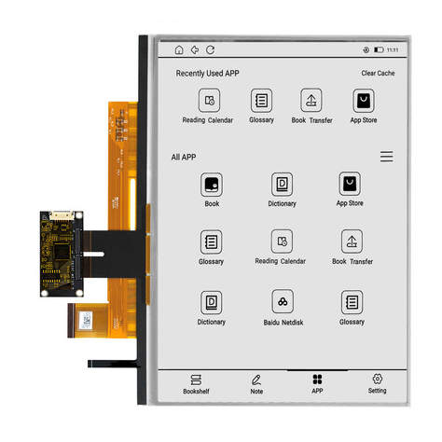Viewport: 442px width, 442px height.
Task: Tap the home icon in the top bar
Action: [179, 49]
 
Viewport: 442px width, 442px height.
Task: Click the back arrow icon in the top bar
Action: [195, 49]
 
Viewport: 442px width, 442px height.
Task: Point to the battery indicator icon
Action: [379, 49]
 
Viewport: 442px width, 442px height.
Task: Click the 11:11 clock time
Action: [393, 49]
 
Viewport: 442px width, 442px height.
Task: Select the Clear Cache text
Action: [378, 73]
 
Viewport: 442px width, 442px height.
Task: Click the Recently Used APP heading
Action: [207, 74]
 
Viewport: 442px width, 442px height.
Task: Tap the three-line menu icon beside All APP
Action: [386, 157]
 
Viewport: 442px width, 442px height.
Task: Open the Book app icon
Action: [212, 185]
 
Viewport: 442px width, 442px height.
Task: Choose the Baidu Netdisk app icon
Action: [283, 301]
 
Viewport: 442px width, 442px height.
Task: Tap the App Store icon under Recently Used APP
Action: [364, 101]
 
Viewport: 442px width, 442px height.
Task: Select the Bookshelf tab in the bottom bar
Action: [196, 384]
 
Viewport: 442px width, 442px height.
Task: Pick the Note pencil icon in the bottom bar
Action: [256, 380]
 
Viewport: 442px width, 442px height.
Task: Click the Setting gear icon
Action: [378, 379]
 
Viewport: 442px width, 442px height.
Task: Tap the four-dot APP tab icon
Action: [317, 380]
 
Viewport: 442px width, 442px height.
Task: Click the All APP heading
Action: [184, 157]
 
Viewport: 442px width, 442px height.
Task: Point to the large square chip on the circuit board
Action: [62, 252]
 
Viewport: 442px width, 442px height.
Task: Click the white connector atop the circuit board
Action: [62, 215]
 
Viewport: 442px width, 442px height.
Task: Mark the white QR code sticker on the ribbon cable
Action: [86, 320]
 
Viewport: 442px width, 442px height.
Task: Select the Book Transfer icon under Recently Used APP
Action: [311, 101]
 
